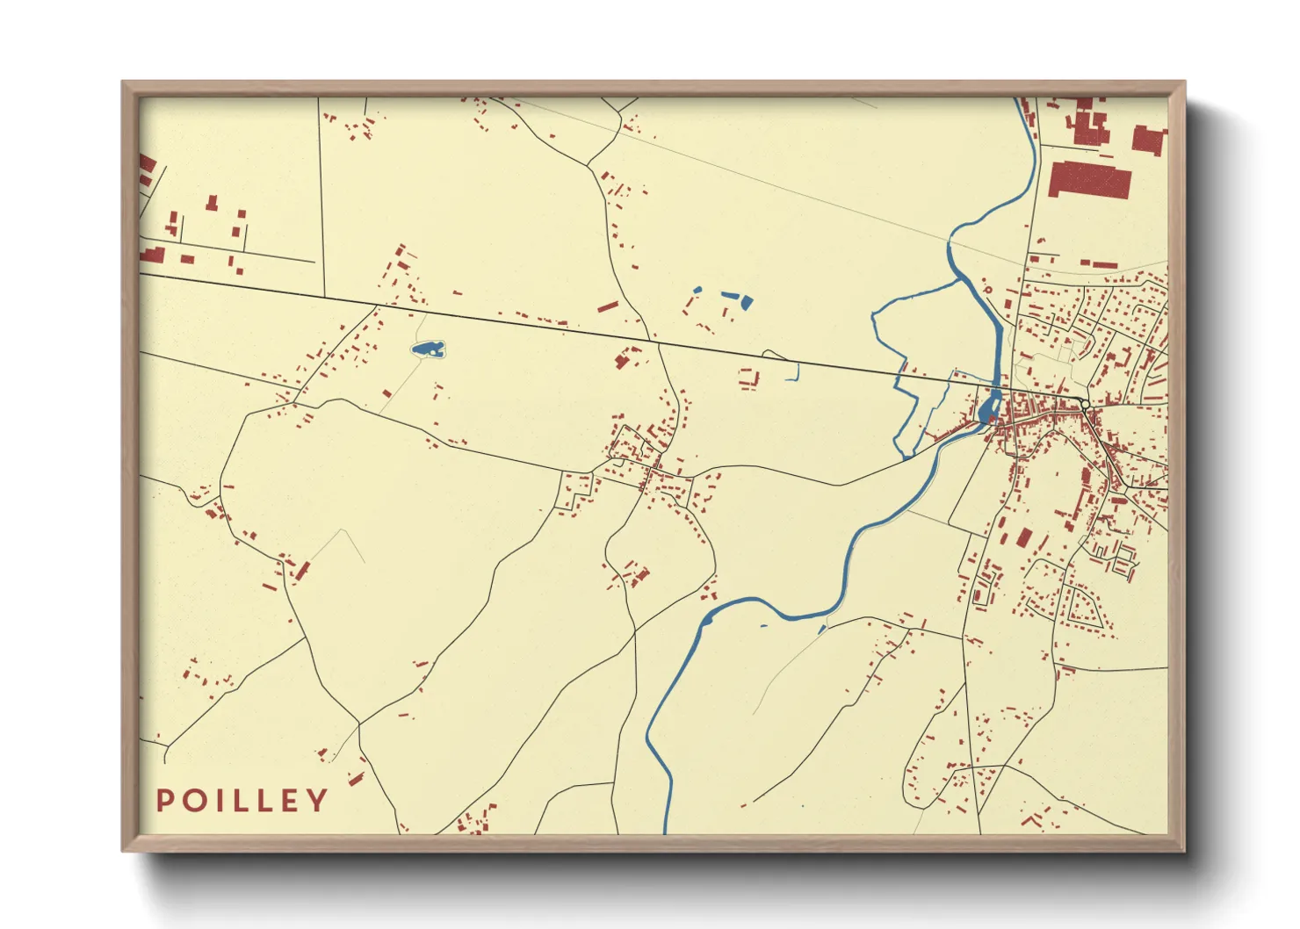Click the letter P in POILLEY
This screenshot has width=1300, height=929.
coord(164,801)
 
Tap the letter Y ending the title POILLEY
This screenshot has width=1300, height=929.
coord(316,801)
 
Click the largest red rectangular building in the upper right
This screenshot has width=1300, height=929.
coord(1089,179)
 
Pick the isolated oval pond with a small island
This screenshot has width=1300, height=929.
coord(428,349)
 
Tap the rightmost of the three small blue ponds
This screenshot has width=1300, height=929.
coord(747,303)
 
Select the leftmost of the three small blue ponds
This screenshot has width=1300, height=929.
coord(697,290)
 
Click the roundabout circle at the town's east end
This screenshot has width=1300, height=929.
coord(1086,405)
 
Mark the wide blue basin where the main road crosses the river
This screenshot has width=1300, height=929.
coord(988,407)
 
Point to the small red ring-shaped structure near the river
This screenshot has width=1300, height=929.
coord(987,289)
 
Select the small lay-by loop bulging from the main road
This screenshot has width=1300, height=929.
coord(773,355)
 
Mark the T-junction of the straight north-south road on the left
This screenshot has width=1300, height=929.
coord(324,296)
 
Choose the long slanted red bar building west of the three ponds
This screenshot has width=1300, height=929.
coord(608,306)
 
